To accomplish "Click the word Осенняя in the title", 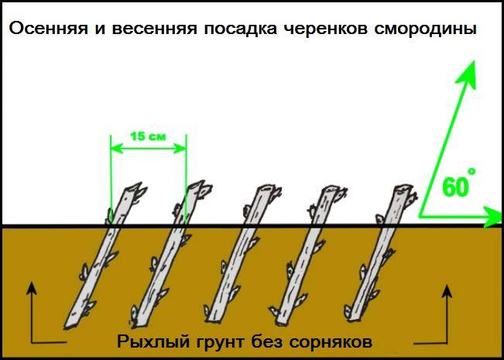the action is coord(49,29).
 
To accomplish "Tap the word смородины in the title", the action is coord(425,29).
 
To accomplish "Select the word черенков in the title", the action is coord(327,29).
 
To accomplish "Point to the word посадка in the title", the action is coord(240,29).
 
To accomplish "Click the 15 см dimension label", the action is coord(148,136).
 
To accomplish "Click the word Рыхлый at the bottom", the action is coord(152,341).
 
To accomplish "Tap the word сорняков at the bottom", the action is coord(331,342).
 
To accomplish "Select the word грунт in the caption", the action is coord(219,342).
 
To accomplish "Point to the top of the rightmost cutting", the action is coord(403,187).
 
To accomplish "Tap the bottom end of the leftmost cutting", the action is coord(70,324).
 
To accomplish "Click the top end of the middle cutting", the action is coord(266,188).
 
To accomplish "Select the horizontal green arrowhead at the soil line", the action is coord(493,218).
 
